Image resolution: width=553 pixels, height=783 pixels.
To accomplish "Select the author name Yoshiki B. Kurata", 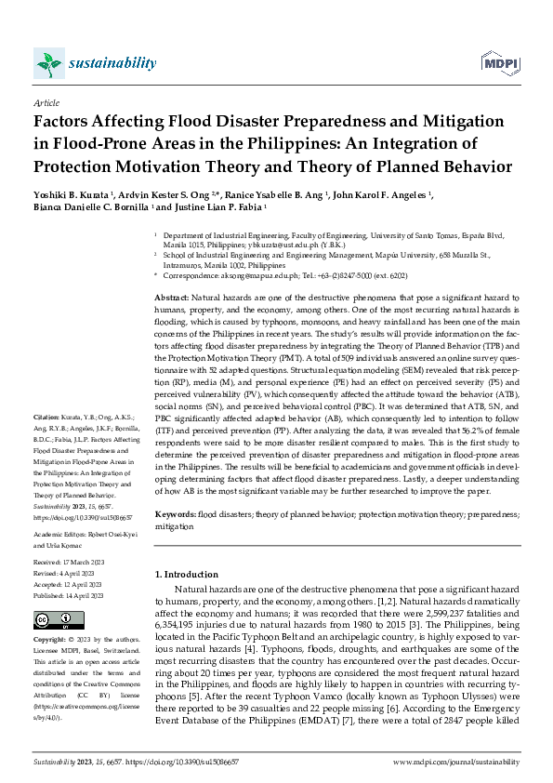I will click(x=69, y=195).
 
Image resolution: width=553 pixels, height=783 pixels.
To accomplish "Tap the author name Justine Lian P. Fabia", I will click(x=214, y=208).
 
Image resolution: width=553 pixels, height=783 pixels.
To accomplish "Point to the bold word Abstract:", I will click(x=174, y=295).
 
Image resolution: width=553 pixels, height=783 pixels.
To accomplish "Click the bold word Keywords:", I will click(x=176, y=513).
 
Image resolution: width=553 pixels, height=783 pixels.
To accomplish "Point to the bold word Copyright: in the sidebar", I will click(x=50, y=641).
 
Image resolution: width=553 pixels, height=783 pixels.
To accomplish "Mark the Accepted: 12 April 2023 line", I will click(x=66, y=587).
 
